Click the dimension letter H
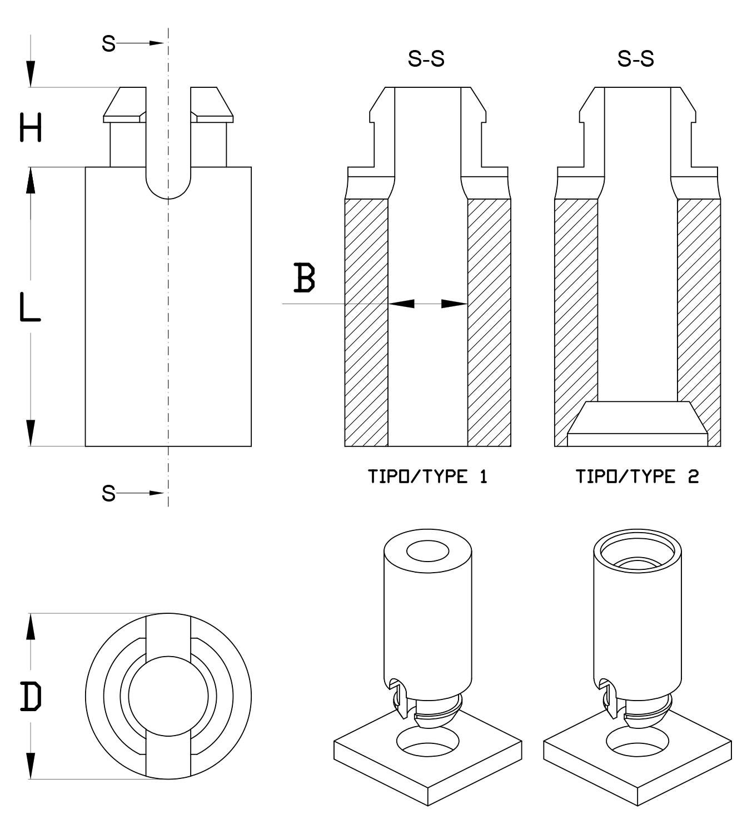click(x=31, y=127)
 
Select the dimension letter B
click(x=304, y=277)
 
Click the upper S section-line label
click(x=108, y=43)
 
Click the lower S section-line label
click(x=108, y=493)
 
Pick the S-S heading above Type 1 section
click(x=426, y=58)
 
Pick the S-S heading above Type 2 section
click(x=636, y=58)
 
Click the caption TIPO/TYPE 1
click(x=428, y=476)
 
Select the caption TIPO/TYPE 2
click(x=638, y=476)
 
